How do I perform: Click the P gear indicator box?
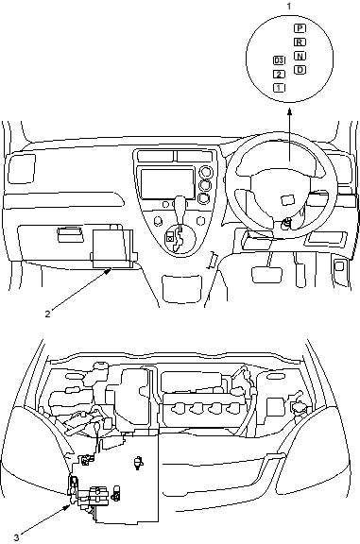tap(300, 28)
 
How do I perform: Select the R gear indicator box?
tap(300, 42)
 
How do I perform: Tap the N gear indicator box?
tap(300, 56)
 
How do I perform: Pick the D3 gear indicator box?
tap(279, 60)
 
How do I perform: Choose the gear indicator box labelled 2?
tap(279, 75)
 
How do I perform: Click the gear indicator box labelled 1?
tap(279, 88)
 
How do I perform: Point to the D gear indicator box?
tap(300, 70)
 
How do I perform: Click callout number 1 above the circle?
tap(289, 7)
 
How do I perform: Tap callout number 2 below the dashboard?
tap(47, 314)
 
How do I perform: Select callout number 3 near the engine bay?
tap(17, 537)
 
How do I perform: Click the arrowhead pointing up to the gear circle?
tap(289, 111)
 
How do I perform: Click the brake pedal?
tap(266, 275)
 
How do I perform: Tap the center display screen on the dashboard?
tap(167, 184)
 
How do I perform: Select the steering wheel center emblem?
tap(287, 200)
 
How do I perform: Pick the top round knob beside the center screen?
tap(205, 171)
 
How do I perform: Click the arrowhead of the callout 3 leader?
tap(68, 507)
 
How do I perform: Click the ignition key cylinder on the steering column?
tap(286, 224)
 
